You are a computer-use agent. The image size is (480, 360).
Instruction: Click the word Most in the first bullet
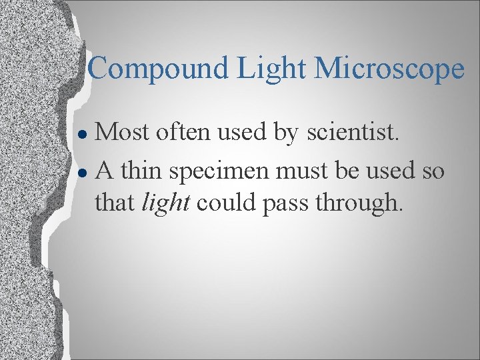coord(122,132)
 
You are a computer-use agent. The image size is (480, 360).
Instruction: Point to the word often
coord(181,132)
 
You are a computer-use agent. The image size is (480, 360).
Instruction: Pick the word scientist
coord(353,132)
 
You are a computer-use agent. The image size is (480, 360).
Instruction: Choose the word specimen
coord(220,171)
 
